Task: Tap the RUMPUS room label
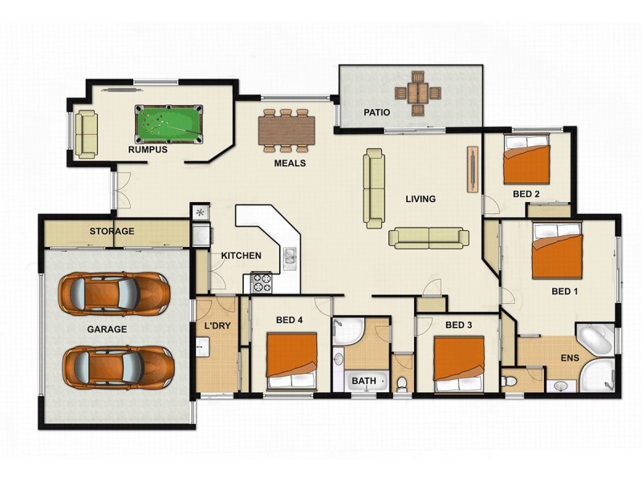point(147,149)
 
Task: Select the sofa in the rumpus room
point(87,132)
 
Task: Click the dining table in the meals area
point(286,129)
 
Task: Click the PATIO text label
point(377,112)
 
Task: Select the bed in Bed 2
point(526,160)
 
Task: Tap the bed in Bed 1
point(557,250)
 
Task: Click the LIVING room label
point(420,199)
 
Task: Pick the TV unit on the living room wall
point(471,170)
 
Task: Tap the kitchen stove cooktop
point(262,282)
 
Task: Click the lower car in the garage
point(116,366)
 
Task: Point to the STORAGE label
point(111,232)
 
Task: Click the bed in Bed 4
point(291,361)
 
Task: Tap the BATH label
point(364,382)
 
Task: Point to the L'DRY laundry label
point(217,326)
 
